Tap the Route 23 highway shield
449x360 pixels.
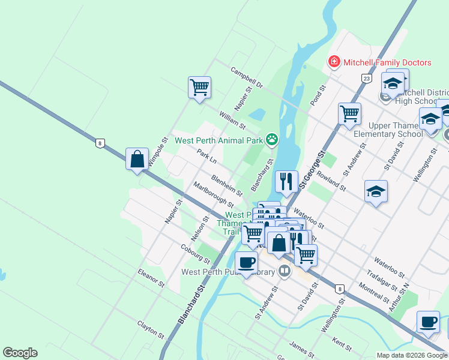tap(366, 78)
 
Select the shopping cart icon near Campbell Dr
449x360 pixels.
tap(199, 87)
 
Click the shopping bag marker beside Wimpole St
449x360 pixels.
tap(137, 159)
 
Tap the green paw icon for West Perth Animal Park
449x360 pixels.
tap(272, 140)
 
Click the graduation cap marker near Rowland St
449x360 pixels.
tap(376, 191)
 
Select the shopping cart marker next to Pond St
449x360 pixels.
tap(349, 113)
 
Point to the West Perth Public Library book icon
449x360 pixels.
tap(285, 272)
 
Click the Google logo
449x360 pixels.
tap(20, 353)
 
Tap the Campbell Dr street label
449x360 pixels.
tap(247, 77)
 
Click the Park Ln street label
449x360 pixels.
tap(206, 158)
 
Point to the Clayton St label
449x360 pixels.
tap(150, 328)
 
